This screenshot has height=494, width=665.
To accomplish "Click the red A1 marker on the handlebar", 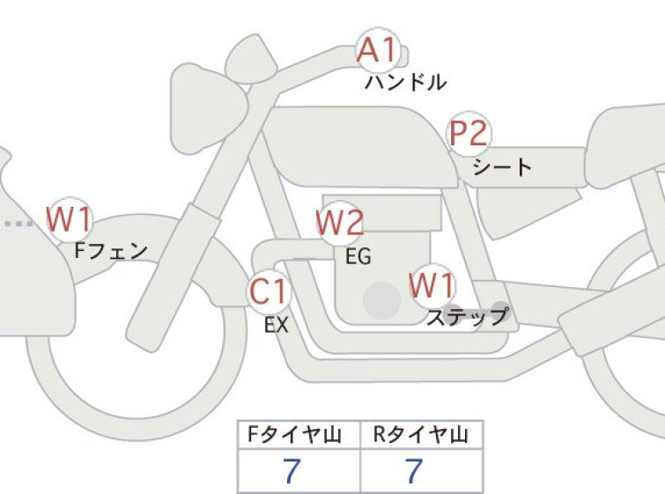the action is tap(379, 50).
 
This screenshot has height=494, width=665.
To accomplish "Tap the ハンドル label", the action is tap(405, 82).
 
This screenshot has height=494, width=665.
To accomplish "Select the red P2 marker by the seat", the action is tap(469, 134).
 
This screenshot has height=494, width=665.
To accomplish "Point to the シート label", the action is tap(502, 167).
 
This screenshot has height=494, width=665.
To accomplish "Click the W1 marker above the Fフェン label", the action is tap(69, 218).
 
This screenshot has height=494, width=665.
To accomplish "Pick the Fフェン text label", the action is tap(111, 251).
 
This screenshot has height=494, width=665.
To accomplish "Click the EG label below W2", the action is tap(358, 256).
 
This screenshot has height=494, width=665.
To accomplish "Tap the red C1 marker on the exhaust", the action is tap(269, 291).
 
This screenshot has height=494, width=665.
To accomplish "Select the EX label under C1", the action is tap(277, 325).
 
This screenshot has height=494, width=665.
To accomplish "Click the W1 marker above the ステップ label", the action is tap(432, 285).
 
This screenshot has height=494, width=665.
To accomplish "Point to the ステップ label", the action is tap(467, 317).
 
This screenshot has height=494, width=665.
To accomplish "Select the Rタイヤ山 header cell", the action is tap(422, 435).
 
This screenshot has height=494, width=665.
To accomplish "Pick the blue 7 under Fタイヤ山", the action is tap(292, 471).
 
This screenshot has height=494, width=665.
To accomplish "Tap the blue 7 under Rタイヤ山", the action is tap(414, 471).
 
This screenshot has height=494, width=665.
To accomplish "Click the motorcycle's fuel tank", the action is tap(360, 146).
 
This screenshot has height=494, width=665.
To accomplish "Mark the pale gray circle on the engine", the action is tap(382, 300).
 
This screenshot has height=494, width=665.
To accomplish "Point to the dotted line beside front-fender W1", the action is tap(18, 224).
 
